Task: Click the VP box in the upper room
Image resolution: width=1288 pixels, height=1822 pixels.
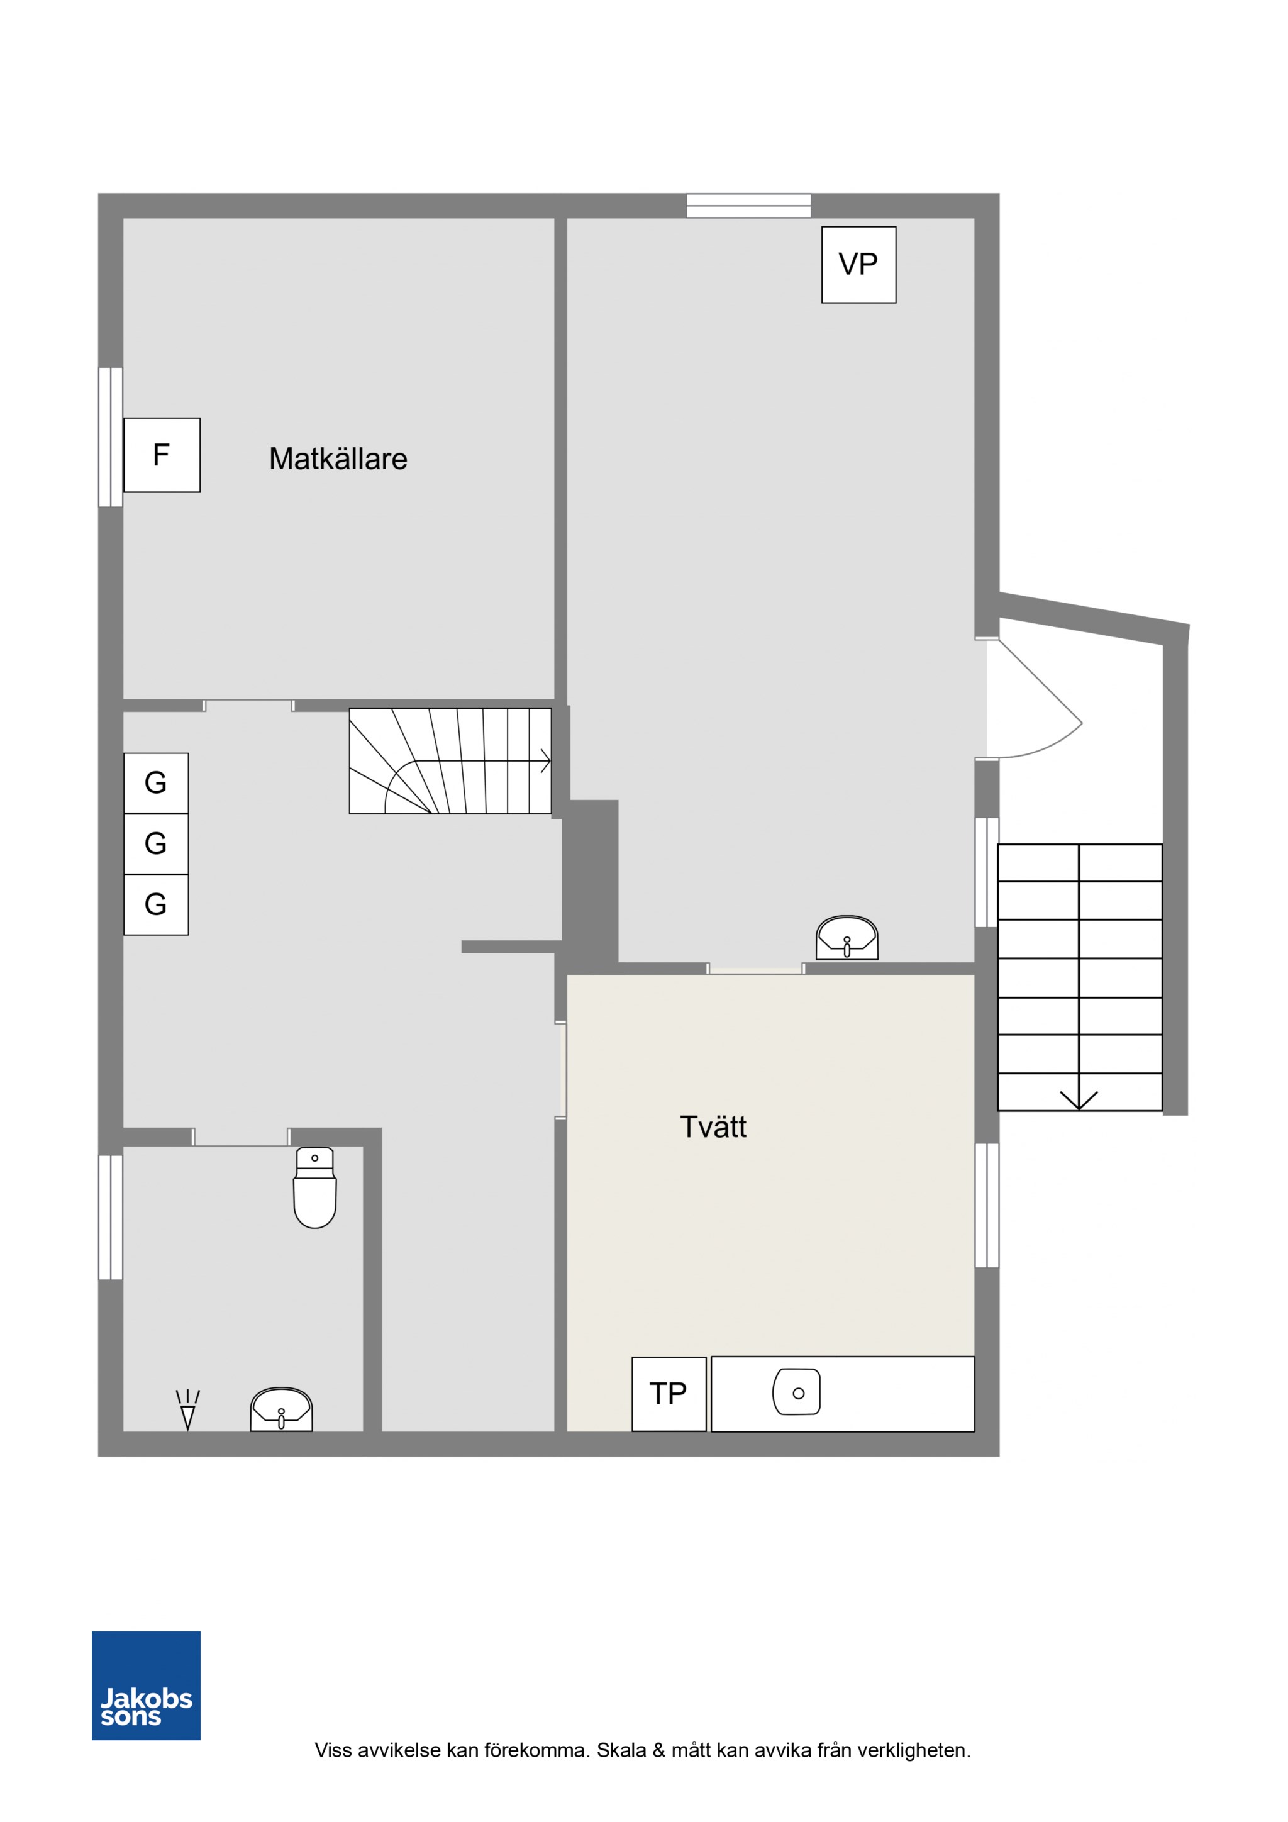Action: pyautogui.click(x=858, y=264)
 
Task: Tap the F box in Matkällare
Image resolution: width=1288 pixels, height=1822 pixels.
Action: pyautogui.click(x=162, y=455)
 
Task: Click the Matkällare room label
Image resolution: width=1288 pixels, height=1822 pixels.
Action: pyautogui.click(x=338, y=458)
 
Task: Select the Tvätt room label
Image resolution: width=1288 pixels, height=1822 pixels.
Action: pyautogui.click(x=713, y=1127)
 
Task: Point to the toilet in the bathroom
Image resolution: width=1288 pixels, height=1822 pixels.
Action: pyautogui.click(x=315, y=1187)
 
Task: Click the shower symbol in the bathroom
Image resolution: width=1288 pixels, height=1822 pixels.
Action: pyautogui.click(x=188, y=1409)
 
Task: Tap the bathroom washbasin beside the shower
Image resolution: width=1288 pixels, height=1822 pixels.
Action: pyautogui.click(x=282, y=1409)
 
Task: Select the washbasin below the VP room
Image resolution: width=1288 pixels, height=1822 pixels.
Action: pyautogui.click(x=847, y=937)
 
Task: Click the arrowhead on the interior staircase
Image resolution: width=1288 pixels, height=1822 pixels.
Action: pyautogui.click(x=546, y=760)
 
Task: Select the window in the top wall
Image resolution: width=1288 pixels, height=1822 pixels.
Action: pyautogui.click(x=748, y=206)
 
